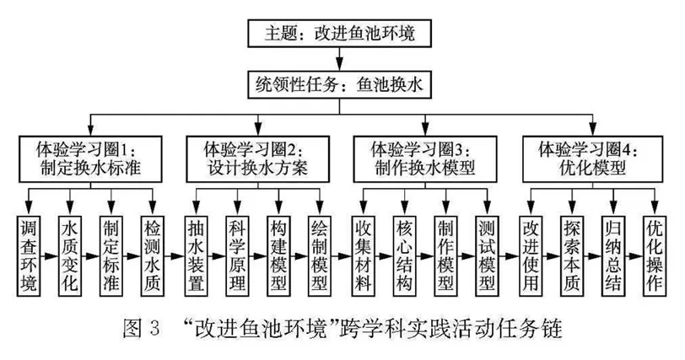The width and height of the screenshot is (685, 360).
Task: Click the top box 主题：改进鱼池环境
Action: [x=339, y=33]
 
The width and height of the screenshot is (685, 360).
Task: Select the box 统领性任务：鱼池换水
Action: [x=339, y=84]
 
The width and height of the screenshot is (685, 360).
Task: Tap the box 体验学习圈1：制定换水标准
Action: [x=90, y=159]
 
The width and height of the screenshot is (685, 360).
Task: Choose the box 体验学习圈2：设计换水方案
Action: [x=258, y=159]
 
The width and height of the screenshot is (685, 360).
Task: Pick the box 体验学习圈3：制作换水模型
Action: [x=424, y=159]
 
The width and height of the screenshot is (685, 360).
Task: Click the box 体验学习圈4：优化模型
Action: [x=592, y=159]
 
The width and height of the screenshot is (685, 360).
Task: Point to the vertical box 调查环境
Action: [x=29, y=255]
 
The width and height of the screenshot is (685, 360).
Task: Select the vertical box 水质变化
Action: [x=70, y=255]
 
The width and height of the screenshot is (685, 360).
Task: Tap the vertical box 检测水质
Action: [x=153, y=255]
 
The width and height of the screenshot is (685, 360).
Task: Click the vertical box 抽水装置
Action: [x=195, y=255]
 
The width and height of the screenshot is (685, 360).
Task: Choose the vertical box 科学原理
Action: [x=237, y=255]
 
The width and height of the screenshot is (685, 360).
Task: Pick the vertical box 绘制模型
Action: [x=320, y=255]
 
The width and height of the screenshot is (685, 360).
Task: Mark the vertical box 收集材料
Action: [x=363, y=255]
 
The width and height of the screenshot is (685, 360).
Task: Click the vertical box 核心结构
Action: [x=404, y=255]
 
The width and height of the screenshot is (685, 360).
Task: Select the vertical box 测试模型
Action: [x=487, y=255]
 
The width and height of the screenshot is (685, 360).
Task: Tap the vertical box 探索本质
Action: [x=572, y=255]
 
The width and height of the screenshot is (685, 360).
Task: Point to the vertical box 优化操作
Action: [x=655, y=255]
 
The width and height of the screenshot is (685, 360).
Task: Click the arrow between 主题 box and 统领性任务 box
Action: [x=339, y=59]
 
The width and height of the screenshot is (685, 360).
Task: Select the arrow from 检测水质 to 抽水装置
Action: [x=174, y=256]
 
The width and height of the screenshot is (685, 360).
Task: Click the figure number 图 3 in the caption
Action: [x=142, y=329]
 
